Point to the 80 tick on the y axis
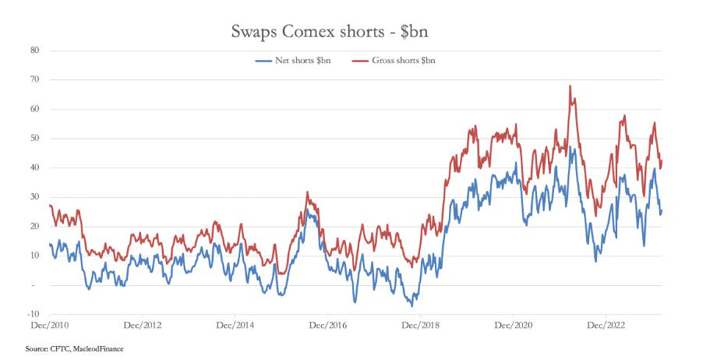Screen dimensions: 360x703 point(35,51)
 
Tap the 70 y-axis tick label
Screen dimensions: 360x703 point(35,80)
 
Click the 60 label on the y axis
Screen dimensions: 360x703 point(35,109)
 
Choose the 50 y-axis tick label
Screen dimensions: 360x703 point(35,139)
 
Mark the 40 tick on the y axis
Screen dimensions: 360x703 point(35,168)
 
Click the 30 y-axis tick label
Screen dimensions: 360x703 point(35,197)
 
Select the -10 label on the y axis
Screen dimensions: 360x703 point(34,315)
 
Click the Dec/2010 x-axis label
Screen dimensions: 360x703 point(49,324)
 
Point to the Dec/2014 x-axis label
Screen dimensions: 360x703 point(235,324)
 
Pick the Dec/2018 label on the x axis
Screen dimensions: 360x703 point(420,324)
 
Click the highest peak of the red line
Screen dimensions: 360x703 point(571,86)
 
